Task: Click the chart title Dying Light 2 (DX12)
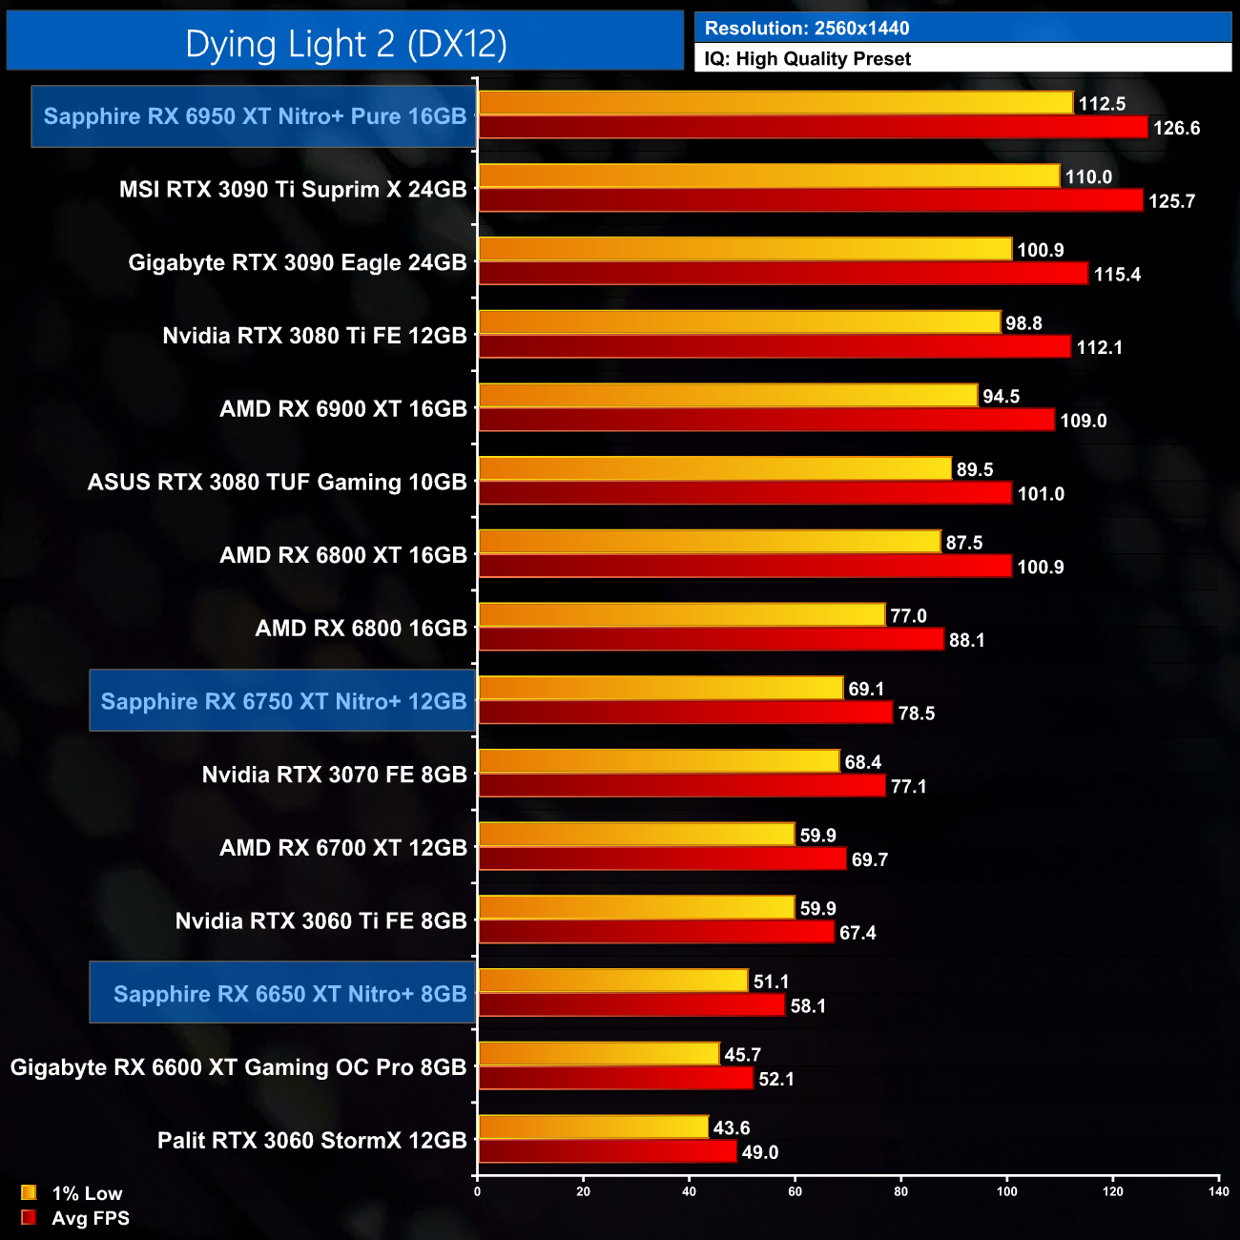(x=345, y=44)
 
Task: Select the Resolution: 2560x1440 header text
(x=807, y=29)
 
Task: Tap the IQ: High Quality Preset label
(x=807, y=59)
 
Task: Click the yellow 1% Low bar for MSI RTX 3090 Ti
(x=768, y=176)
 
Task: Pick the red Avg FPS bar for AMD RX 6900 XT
(x=766, y=420)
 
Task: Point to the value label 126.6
(x=1176, y=128)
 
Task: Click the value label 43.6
(x=732, y=1127)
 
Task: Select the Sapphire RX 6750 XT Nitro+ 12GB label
(x=283, y=701)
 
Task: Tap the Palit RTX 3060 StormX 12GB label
(x=312, y=1140)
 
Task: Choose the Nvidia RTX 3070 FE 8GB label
(x=334, y=775)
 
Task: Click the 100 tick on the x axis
(x=1007, y=1190)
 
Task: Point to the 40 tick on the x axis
(x=690, y=1190)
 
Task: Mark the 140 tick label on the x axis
(x=1218, y=1190)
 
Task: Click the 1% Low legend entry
(x=86, y=1193)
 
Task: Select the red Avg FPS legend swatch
(x=29, y=1218)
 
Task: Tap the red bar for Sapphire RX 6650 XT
(x=630, y=1004)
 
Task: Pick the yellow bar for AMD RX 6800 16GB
(x=681, y=615)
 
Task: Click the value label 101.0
(x=1041, y=494)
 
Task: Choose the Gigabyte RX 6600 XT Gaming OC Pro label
(x=238, y=1066)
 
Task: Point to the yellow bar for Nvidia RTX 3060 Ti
(x=635, y=907)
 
